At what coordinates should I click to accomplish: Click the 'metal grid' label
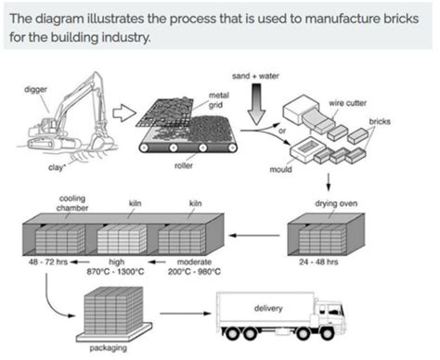pyautogui.click(x=219, y=99)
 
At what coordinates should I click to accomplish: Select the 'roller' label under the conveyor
pyautogui.click(x=183, y=167)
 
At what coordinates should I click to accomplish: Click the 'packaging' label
pyautogui.click(x=110, y=350)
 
